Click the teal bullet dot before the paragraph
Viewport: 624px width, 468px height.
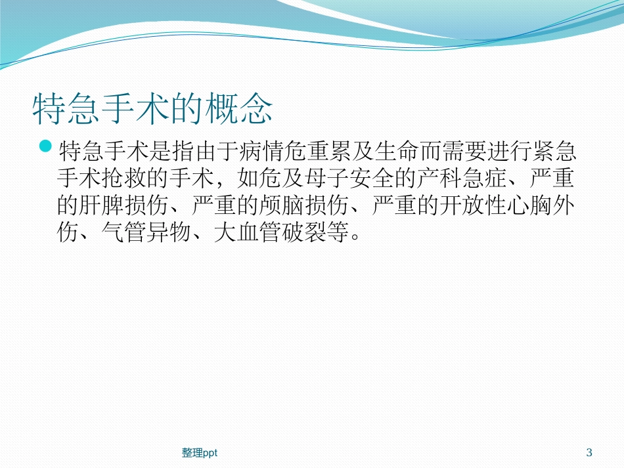46,146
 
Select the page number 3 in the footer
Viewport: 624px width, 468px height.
589,452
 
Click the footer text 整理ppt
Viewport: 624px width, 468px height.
200,452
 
